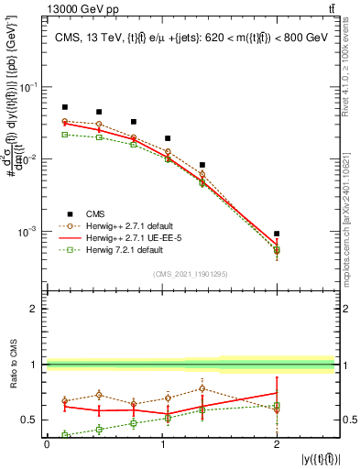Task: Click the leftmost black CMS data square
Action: coord(64,107)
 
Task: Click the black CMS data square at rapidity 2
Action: coord(277,234)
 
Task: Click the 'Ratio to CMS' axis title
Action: coord(12,364)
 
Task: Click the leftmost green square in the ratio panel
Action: coord(64,435)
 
